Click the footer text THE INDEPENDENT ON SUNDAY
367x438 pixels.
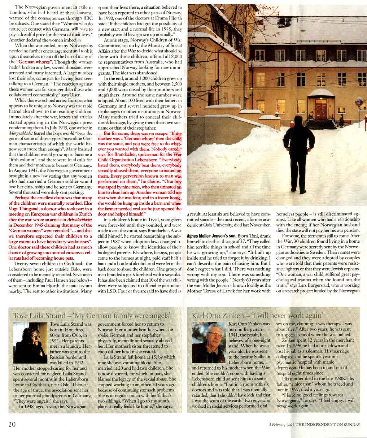328,425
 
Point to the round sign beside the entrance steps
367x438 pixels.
359,102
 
